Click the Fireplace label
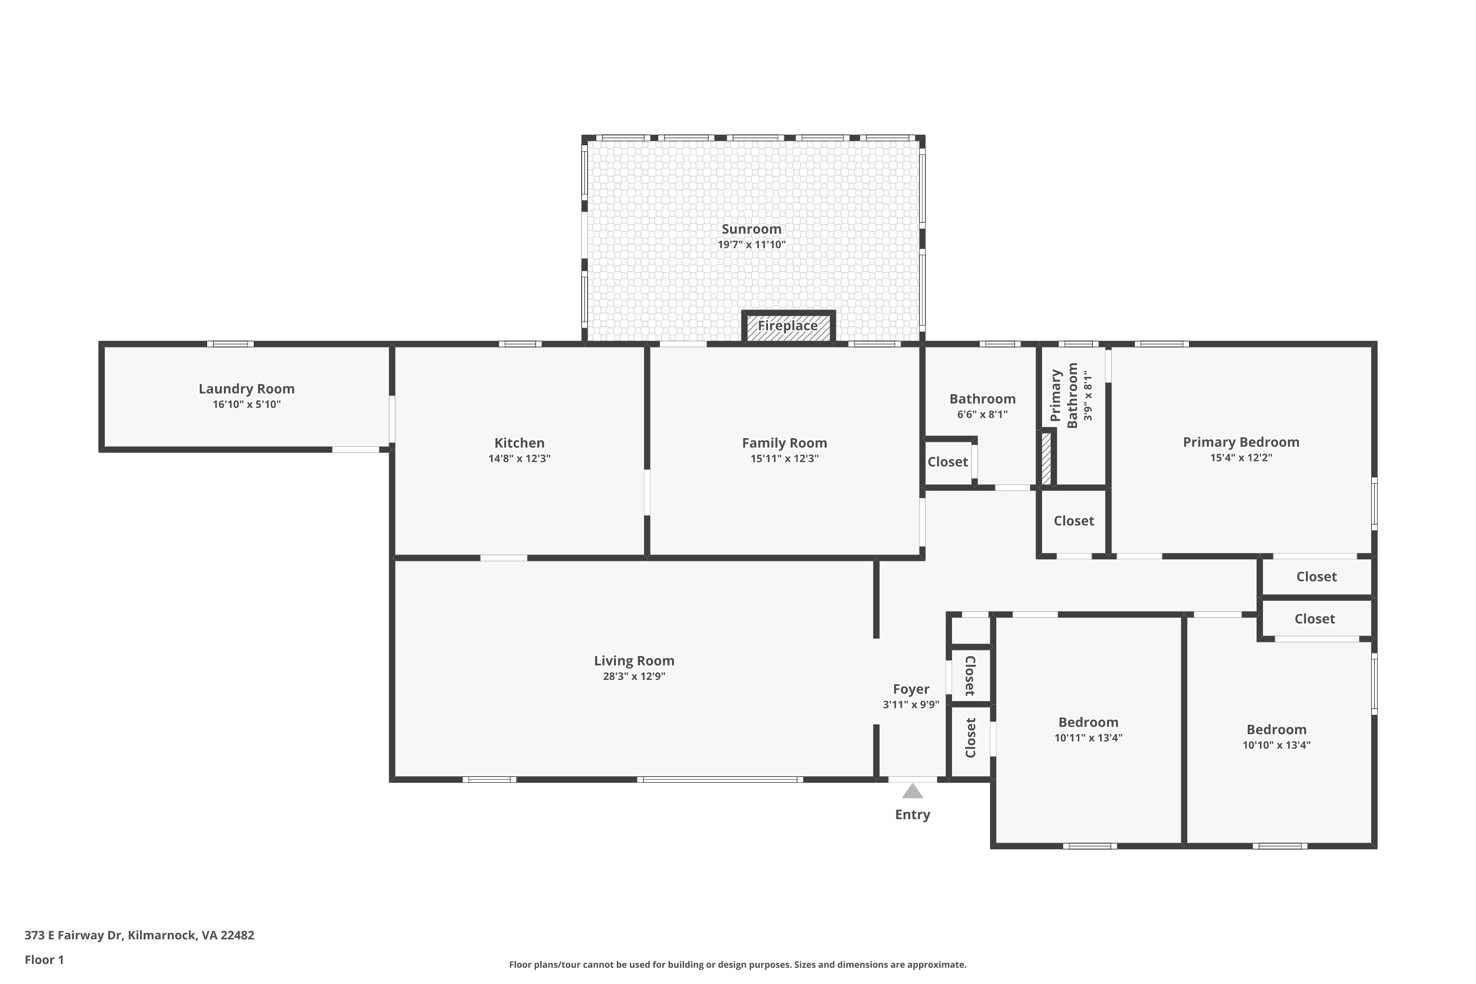tap(788, 326)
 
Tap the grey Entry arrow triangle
tap(913, 791)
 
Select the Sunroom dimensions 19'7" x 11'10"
tap(752, 245)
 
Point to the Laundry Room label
tap(246, 389)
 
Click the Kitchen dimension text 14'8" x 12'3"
tap(520, 459)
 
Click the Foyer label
tap(911, 690)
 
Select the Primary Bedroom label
tap(1241, 442)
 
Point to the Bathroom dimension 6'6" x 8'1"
tap(982, 415)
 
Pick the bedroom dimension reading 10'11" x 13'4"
tap(1088, 738)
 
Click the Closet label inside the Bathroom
tap(948, 462)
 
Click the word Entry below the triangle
tap(913, 815)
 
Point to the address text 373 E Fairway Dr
tap(73, 935)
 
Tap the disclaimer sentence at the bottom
tap(738, 964)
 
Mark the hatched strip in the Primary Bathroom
tap(1046, 459)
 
